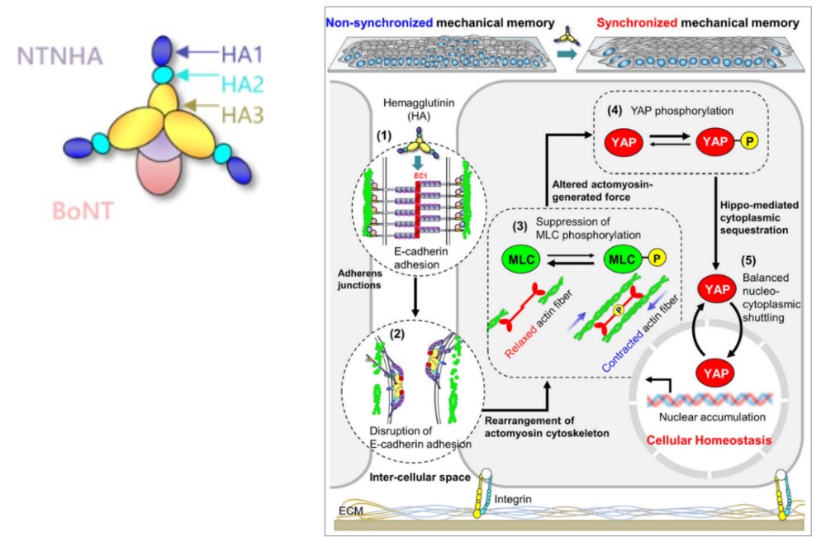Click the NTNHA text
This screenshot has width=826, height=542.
point(60,57)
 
